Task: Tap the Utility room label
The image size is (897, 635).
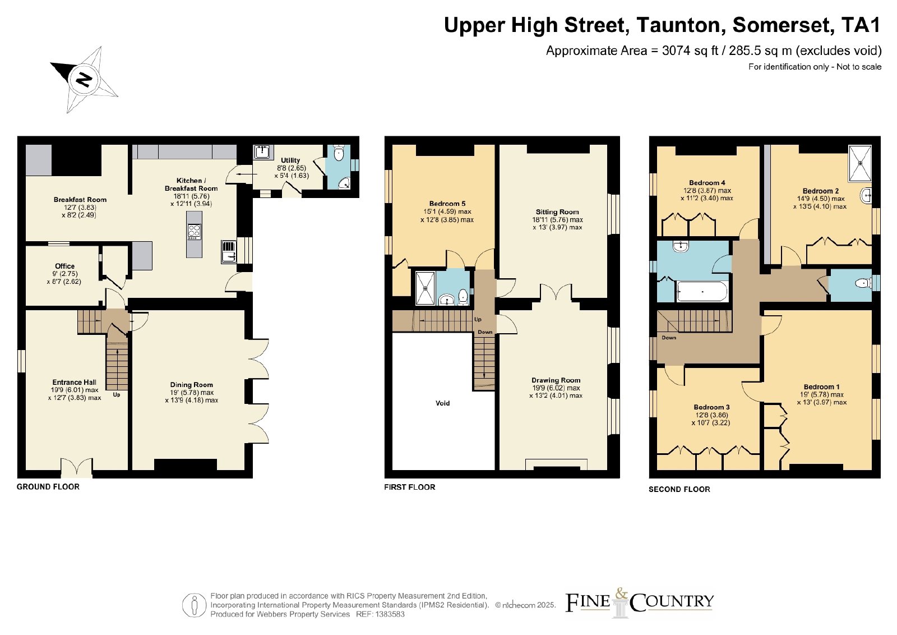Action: (x=290, y=160)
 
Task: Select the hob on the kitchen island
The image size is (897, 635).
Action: (x=194, y=232)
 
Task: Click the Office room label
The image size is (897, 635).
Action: (x=65, y=266)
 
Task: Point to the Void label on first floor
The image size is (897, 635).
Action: (x=442, y=403)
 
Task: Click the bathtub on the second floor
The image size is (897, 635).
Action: (x=702, y=292)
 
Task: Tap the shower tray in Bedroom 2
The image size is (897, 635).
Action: (x=860, y=163)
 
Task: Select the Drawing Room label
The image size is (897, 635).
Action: (x=556, y=380)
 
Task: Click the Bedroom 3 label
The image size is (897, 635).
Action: (x=711, y=407)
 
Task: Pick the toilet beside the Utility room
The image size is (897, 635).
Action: (x=339, y=153)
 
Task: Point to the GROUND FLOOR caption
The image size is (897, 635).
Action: (x=48, y=487)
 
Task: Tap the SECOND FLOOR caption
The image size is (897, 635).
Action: (x=679, y=489)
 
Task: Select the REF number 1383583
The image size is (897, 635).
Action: (x=390, y=614)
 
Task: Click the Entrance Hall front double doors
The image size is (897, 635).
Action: (x=76, y=468)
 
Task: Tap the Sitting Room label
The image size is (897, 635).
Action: (x=557, y=212)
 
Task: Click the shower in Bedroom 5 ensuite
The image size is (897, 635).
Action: (x=426, y=288)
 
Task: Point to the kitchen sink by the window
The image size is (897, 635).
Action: (x=229, y=252)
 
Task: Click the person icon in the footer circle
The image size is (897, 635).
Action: (x=194, y=605)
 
